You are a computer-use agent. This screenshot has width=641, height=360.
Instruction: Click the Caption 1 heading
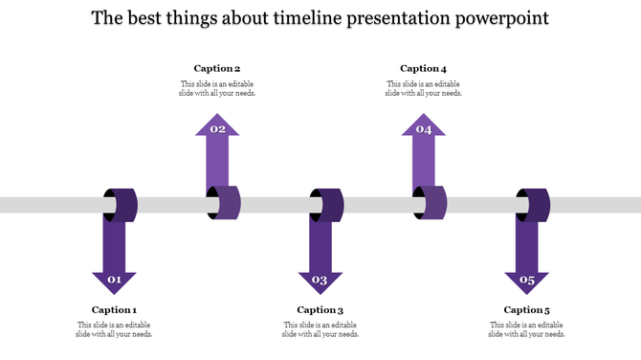114,310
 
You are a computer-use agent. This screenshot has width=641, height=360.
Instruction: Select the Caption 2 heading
217,69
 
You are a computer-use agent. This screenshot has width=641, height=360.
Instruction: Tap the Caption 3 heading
320,310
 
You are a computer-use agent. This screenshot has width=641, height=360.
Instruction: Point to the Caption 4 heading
423,69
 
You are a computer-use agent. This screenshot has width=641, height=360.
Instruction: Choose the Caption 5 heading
526,310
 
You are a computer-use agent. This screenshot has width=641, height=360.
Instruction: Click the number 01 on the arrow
114,281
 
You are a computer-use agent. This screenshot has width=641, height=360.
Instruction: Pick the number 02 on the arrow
217,129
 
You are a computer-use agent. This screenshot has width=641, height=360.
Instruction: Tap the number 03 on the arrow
320,281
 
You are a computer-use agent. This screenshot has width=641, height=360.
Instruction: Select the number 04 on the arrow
423,129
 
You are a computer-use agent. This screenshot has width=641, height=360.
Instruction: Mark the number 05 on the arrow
526,281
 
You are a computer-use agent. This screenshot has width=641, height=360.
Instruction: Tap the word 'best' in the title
148,18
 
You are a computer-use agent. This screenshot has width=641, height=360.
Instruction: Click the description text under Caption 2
217,89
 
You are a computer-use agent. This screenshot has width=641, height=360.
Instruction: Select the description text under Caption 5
526,330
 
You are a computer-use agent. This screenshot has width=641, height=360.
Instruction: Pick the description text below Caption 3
320,330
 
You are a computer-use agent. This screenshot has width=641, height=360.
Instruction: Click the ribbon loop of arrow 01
122,204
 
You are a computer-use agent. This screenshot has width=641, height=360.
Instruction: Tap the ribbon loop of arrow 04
432,204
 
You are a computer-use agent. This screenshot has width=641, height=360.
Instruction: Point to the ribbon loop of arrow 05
535,204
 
